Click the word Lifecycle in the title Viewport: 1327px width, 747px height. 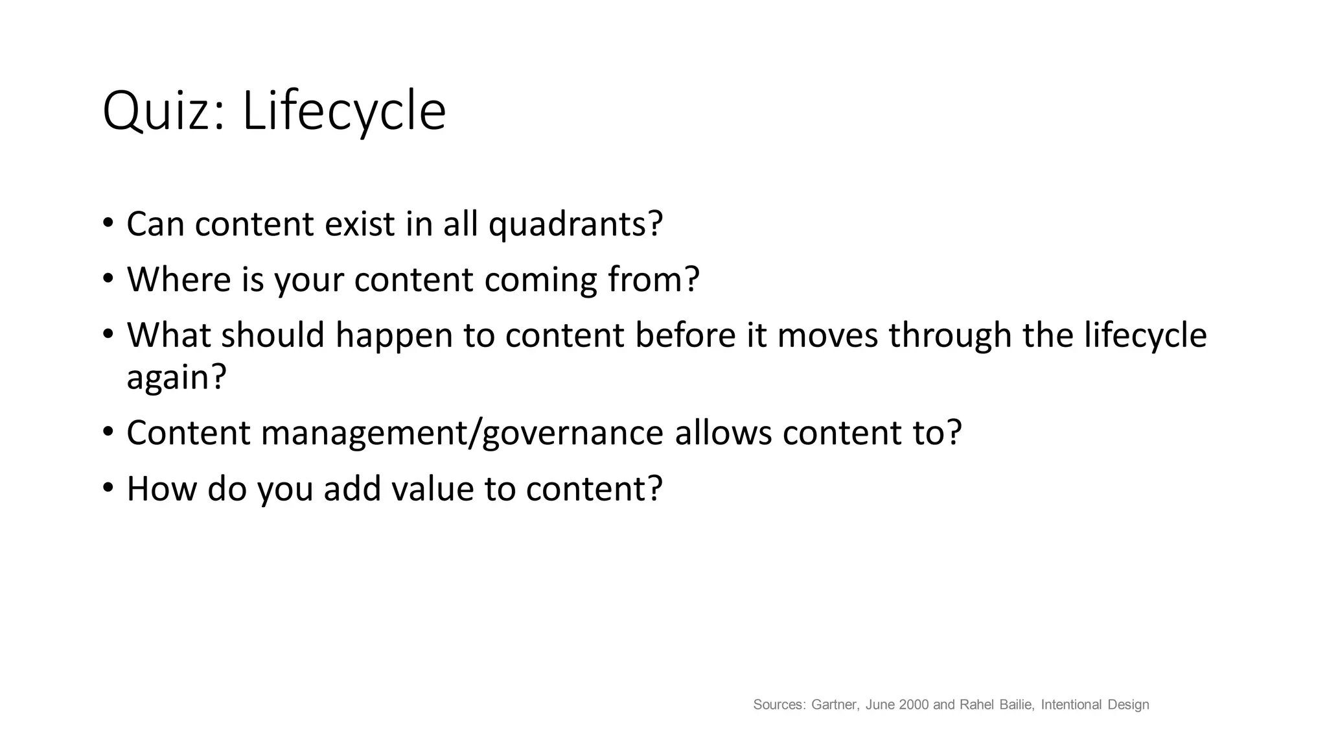(x=343, y=112)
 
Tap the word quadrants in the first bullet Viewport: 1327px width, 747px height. (x=575, y=224)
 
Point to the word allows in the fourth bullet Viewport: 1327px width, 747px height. (x=723, y=433)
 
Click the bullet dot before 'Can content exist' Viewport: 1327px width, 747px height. (x=108, y=224)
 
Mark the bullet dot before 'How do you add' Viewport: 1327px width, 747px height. (x=108, y=488)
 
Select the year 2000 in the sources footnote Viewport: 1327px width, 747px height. (x=914, y=705)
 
